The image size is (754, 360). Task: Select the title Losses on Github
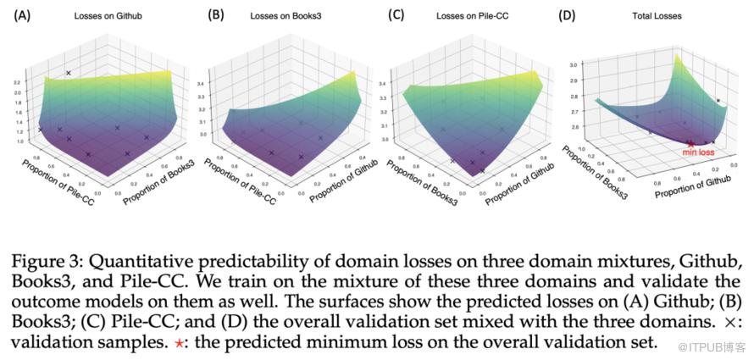98,15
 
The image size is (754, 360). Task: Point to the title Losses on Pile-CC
470,15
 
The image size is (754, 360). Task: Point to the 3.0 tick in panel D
574,64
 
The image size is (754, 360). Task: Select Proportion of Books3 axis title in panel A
156,175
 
